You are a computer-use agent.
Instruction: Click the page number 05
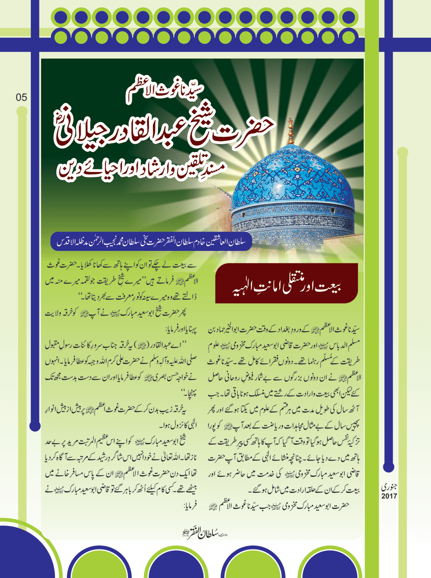(x=21, y=97)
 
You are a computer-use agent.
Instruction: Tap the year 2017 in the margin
(x=389, y=496)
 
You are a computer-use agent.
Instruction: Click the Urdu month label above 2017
(x=389, y=487)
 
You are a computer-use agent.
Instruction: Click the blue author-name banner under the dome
(x=151, y=242)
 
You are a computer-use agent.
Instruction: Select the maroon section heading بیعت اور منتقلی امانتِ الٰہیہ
(x=286, y=284)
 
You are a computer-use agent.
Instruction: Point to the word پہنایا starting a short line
(x=190, y=329)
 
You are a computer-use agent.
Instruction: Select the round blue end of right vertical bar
(x=389, y=466)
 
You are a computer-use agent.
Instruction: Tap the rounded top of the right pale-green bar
(x=402, y=152)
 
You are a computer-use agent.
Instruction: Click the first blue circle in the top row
(x=60, y=18)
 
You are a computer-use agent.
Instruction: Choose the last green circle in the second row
(x=348, y=37)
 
